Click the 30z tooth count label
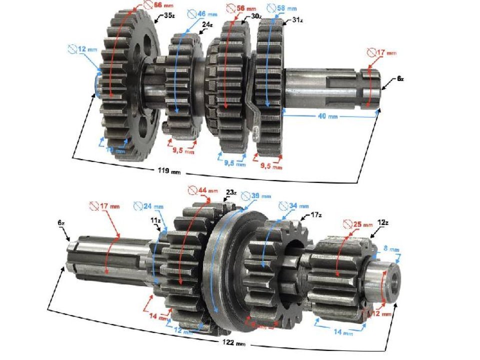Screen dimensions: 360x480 pos(256,15)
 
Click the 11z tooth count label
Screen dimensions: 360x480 pos(156,219)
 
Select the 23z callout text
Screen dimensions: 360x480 pos(231,192)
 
